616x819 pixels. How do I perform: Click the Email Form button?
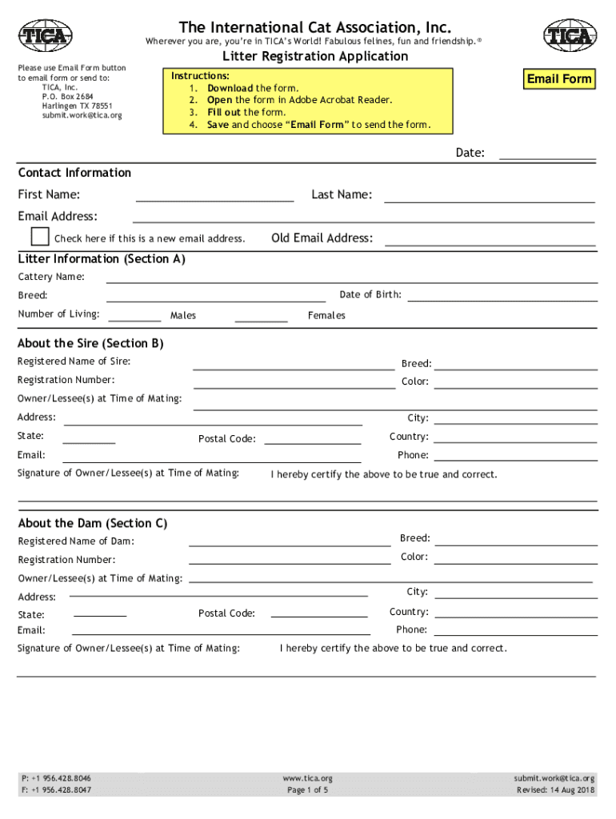(559, 78)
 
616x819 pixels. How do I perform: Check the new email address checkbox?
(40, 237)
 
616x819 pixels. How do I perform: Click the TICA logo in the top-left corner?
(46, 35)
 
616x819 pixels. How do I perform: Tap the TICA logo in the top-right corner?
(570, 35)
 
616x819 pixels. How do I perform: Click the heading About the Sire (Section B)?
(90, 343)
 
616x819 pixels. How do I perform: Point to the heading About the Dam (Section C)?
(93, 523)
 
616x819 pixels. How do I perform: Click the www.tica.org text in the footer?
(308, 778)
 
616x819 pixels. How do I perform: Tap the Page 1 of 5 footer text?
(308, 790)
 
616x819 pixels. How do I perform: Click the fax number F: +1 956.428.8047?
(56, 790)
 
